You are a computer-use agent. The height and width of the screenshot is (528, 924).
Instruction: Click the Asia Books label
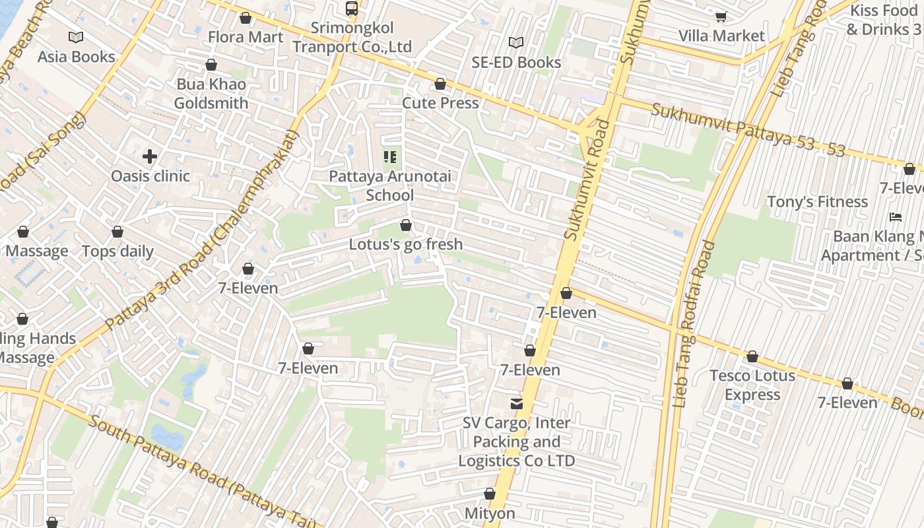(76, 57)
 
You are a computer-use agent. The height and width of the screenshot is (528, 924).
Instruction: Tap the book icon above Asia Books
(76, 37)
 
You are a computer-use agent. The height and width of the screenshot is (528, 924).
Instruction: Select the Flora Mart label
(246, 37)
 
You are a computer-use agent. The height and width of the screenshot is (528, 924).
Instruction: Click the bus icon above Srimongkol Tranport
(352, 9)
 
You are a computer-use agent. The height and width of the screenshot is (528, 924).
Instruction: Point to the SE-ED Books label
(516, 62)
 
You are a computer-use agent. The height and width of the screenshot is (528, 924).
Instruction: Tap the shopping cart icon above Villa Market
(721, 16)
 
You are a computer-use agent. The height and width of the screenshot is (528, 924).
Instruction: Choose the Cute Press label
(440, 103)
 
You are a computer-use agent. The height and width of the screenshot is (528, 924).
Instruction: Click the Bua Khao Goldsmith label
(211, 94)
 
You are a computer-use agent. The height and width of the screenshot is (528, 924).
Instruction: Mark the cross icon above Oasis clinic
(150, 156)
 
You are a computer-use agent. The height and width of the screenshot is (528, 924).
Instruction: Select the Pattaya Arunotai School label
(390, 185)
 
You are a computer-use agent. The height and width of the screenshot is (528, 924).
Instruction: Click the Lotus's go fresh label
(406, 244)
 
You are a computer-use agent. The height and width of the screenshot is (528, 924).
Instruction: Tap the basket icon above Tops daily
(117, 232)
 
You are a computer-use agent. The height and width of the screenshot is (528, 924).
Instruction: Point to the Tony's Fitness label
(817, 201)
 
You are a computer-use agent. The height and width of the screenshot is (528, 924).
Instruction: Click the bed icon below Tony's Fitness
(896, 216)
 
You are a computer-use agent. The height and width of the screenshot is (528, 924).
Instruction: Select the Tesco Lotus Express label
(752, 385)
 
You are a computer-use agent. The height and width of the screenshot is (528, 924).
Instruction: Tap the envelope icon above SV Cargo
(516, 403)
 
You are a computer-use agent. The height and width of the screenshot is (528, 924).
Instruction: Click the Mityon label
(490, 513)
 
